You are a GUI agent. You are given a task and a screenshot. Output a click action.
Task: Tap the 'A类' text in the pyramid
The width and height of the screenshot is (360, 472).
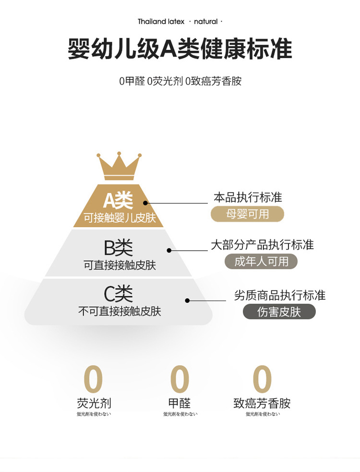coord(118,200)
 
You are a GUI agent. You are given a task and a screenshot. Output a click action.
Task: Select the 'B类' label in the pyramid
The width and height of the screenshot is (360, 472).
coord(118,248)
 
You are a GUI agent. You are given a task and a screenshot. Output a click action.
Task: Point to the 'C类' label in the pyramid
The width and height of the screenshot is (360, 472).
coord(118,294)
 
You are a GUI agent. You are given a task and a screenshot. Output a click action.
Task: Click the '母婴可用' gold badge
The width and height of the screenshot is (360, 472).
coord(247,214)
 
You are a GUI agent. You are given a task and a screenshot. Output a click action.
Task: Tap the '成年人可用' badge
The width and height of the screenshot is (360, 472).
coord(261,261)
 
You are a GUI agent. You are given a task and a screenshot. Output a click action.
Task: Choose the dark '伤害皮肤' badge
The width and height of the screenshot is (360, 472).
coord(279,312)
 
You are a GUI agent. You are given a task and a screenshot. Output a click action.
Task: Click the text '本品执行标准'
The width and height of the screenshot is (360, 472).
coord(248,197)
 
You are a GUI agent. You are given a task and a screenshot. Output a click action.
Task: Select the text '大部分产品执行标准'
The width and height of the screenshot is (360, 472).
coord(262,245)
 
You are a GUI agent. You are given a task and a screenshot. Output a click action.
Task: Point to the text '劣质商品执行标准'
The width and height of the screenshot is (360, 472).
coord(279,295)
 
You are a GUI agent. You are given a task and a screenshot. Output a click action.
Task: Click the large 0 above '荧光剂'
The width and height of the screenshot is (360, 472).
coord(93,379)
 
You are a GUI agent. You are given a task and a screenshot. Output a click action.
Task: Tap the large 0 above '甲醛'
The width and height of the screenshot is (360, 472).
coord(180,379)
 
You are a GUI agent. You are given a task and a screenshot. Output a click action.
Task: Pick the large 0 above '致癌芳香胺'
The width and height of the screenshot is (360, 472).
coord(262,379)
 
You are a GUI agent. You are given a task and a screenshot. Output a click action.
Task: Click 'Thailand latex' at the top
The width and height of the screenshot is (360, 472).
coord(161,22)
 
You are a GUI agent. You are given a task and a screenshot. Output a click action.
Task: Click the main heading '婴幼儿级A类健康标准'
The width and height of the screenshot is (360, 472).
coord(180,49)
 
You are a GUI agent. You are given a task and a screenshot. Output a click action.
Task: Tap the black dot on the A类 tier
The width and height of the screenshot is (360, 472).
coord(145,204)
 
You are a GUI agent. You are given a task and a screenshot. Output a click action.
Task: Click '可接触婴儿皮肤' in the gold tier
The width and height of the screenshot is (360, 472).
coord(120,218)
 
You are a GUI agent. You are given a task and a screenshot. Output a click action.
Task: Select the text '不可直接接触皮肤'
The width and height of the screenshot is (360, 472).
coord(120,311)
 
